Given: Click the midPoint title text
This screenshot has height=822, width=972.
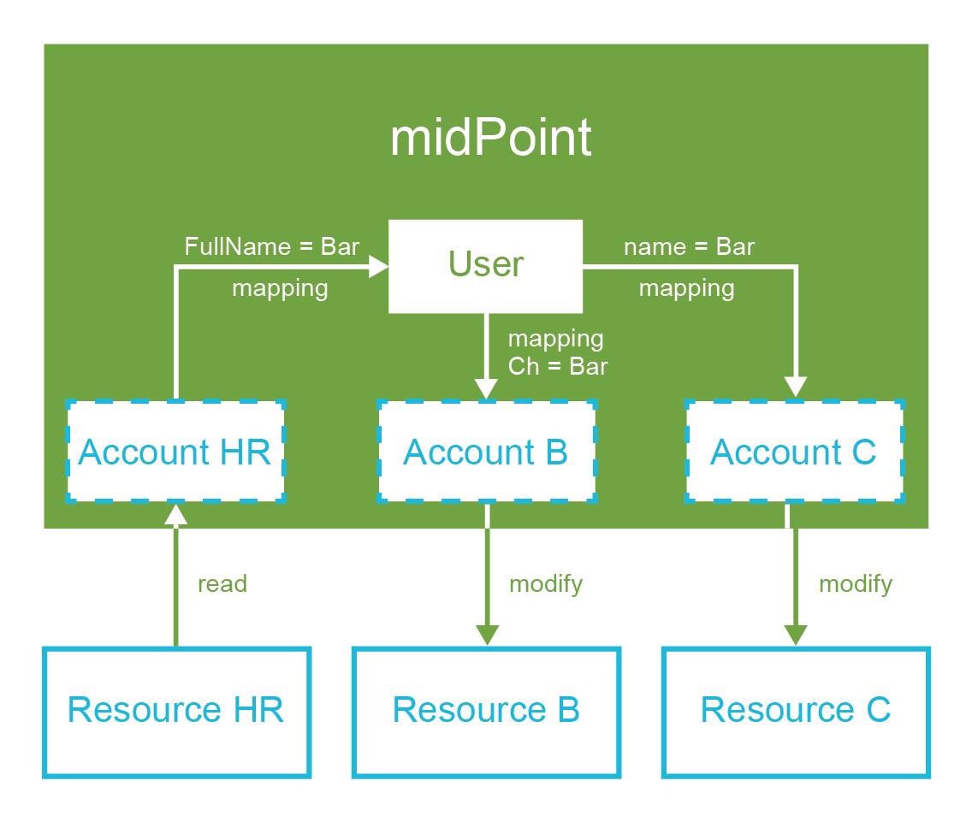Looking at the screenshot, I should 490,138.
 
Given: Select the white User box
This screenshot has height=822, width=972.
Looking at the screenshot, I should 485,265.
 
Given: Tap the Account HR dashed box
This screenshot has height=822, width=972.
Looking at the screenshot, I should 175,451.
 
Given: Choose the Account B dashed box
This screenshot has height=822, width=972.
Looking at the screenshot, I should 486,451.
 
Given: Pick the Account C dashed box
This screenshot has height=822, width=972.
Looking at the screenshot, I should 794,451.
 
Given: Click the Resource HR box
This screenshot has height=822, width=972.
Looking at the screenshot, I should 176,712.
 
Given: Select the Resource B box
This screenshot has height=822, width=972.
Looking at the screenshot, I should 486,712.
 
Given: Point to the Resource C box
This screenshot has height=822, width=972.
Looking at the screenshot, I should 796,712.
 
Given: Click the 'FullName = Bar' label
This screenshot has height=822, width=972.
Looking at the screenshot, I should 272,247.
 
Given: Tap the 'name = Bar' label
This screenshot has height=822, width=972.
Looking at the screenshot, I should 689,247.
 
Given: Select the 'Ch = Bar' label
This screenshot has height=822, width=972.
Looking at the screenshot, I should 558,367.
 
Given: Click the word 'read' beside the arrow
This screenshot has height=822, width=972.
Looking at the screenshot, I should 222,584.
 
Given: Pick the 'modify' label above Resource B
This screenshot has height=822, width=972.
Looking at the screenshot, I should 546,584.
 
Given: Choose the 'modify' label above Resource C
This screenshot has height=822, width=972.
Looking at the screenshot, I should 856,584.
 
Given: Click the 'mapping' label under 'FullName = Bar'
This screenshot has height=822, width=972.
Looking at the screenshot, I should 280,288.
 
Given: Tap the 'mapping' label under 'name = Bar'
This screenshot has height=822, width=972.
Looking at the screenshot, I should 686,288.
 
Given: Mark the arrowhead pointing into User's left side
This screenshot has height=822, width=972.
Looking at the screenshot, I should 379,267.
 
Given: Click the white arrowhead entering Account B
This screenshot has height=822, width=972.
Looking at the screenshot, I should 486,389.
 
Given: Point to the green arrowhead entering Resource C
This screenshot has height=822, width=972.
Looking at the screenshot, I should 796,636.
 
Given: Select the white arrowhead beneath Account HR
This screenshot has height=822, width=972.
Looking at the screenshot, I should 175,513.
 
